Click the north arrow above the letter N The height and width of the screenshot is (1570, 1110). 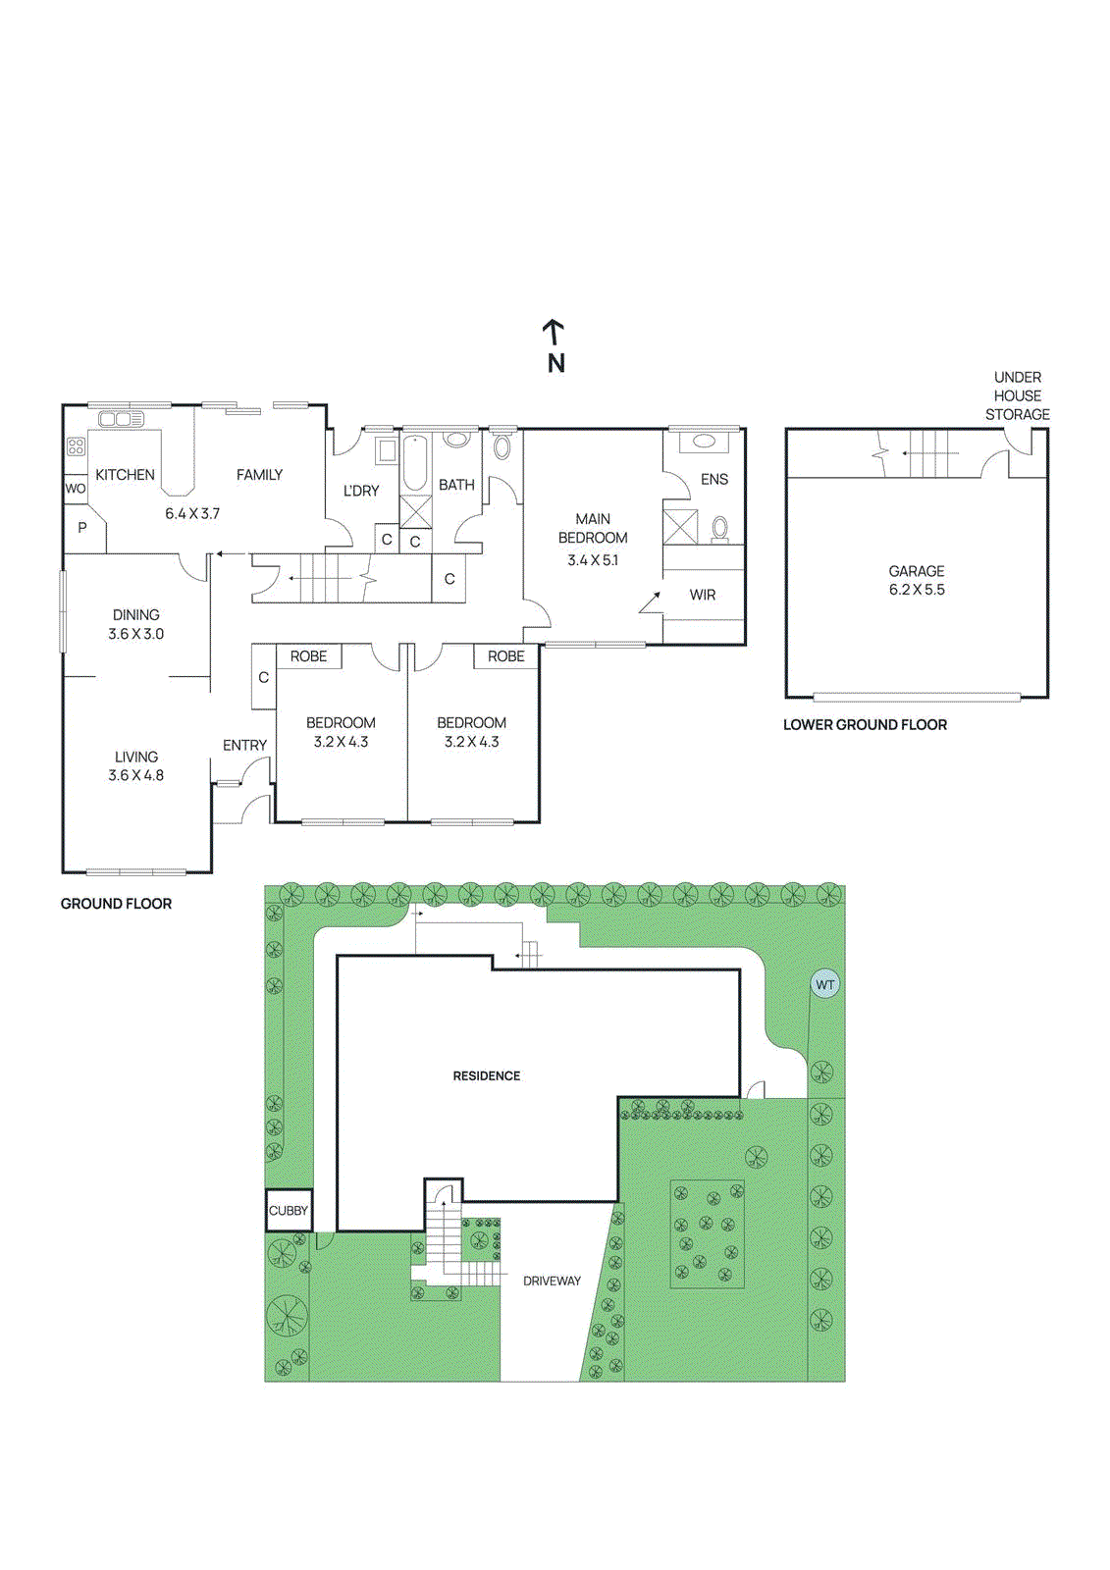click(554, 333)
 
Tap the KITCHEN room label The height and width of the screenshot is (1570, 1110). click(125, 475)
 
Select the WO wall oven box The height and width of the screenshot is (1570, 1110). click(75, 489)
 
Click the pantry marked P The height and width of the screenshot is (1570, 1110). click(82, 527)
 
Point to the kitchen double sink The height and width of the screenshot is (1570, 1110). click(120, 420)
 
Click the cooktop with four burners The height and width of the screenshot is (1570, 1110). click(76, 445)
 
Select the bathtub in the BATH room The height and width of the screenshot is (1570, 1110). click(415, 462)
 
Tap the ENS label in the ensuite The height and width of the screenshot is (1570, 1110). click(714, 480)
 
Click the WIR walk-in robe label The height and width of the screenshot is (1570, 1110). click(702, 595)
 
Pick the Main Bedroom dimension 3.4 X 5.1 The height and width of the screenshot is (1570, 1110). click(593, 560)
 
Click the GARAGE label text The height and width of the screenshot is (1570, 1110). click(917, 571)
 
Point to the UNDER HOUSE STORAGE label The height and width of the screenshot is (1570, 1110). click(1018, 396)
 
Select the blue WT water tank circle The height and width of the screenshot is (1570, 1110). click(824, 985)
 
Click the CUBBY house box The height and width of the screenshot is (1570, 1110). click(289, 1211)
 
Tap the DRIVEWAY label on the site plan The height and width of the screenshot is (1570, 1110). click(552, 1281)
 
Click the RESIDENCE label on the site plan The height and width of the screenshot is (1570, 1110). click(486, 1075)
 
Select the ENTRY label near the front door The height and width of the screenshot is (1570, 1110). click(244, 745)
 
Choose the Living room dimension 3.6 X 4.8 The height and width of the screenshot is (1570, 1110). click(136, 775)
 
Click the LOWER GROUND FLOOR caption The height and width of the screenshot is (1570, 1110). click(865, 725)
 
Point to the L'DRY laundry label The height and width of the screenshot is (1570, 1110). click(360, 491)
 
